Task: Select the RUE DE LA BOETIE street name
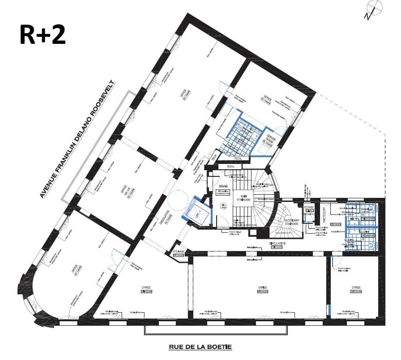tap(200, 347)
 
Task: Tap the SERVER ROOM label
tap(270, 140)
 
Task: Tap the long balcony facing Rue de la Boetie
tap(216, 330)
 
